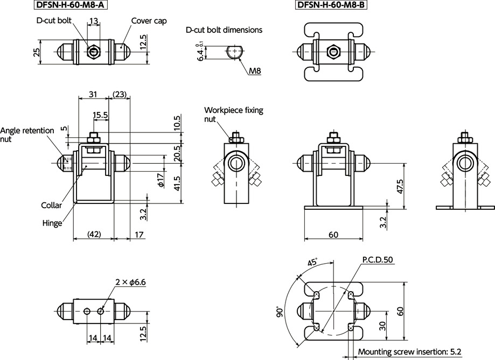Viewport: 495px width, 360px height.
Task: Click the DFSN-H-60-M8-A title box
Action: pos(70,6)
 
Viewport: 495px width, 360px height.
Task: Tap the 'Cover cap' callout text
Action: pos(149,21)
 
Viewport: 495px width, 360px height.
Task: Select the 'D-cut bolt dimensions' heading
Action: pos(224,30)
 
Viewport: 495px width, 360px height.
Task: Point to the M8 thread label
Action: pos(255,70)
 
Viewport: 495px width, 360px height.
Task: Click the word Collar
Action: pos(52,205)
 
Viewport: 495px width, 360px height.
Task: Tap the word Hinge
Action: pos(53,223)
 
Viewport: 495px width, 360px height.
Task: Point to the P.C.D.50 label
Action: pos(378,259)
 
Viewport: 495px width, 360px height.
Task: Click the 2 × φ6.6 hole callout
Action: pos(131,282)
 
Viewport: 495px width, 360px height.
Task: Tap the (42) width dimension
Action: pos(94,235)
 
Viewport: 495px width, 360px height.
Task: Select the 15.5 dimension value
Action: pos(100,115)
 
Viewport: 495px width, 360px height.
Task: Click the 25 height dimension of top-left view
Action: pos(36,52)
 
